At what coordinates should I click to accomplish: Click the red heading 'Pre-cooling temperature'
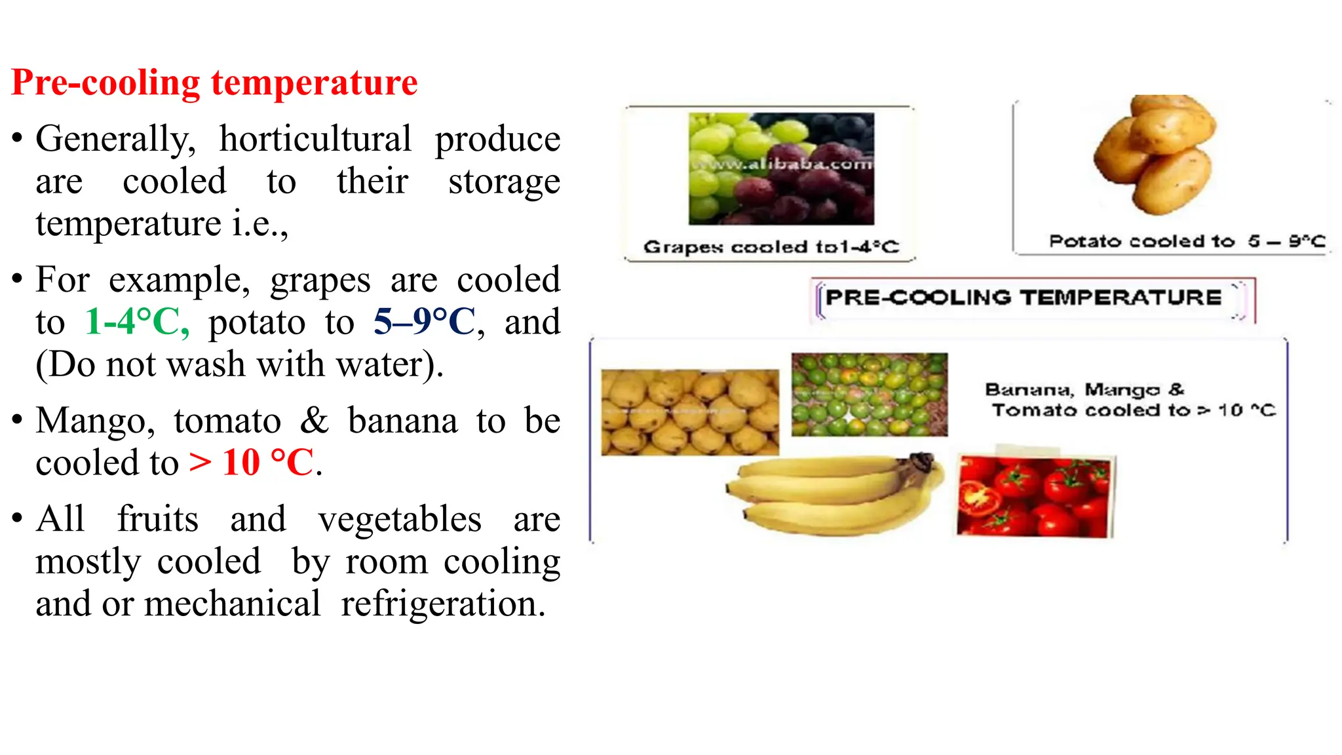(214, 83)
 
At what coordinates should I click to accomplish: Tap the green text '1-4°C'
(136, 322)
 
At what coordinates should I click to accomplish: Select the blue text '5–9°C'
(425, 322)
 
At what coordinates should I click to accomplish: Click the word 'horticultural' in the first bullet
(315, 139)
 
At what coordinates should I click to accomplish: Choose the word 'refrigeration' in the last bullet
(443, 604)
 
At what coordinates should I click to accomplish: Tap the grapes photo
(781, 168)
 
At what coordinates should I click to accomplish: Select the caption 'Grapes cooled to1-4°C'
(771, 247)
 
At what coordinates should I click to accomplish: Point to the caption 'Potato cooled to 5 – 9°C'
(1187, 241)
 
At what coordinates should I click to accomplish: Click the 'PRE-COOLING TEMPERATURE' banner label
(1024, 298)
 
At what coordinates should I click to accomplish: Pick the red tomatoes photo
(1033, 497)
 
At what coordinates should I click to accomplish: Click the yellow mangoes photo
(690, 412)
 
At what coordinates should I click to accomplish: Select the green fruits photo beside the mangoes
(869, 395)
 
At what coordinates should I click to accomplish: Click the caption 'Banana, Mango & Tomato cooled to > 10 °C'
(1130, 400)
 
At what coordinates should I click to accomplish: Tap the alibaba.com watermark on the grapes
(782, 163)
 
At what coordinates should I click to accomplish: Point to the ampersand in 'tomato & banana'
(314, 421)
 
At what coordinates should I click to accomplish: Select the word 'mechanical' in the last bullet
(232, 604)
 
